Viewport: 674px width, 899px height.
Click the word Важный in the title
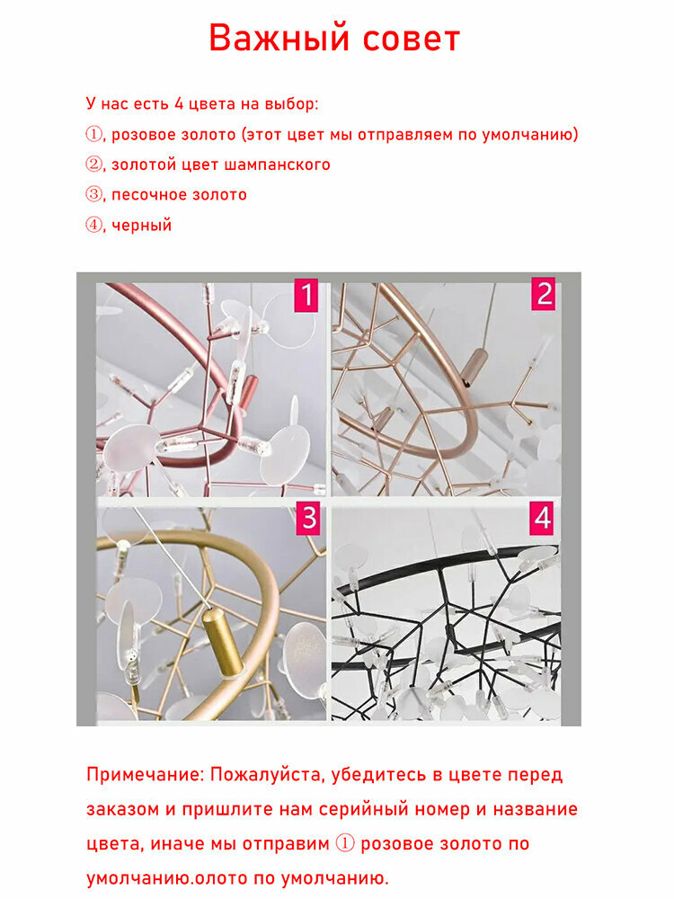279,39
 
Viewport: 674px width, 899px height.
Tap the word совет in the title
412,40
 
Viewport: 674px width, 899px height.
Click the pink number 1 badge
306,295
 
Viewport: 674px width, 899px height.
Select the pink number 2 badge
543,294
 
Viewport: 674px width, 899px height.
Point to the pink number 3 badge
308,519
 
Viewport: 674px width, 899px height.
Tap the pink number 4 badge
542,518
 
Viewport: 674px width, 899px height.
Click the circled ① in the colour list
93,134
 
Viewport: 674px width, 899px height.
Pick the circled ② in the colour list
93,165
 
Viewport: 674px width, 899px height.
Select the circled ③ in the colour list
93,194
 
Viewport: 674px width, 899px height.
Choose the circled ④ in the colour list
93,225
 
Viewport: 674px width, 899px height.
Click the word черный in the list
142,226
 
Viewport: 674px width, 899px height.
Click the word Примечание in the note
143,775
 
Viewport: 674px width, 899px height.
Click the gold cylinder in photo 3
222,644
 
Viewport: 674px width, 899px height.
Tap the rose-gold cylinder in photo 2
473,367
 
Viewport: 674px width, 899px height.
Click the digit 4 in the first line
179,103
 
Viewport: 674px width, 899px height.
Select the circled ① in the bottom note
344,844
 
